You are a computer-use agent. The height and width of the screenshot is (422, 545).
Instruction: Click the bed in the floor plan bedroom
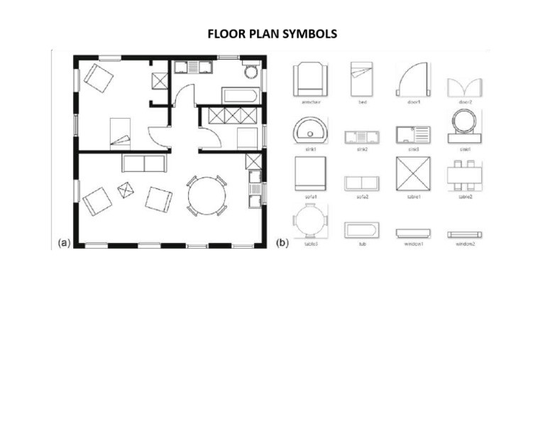pyautogui.click(x=120, y=133)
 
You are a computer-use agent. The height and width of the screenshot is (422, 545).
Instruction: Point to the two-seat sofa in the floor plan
pyautogui.click(x=143, y=163)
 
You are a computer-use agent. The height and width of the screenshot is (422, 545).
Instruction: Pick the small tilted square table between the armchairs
pyautogui.click(x=126, y=190)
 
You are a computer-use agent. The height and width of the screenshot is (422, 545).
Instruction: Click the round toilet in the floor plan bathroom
pyautogui.click(x=251, y=71)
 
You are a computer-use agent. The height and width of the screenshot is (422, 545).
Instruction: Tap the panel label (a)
pyautogui.click(x=64, y=243)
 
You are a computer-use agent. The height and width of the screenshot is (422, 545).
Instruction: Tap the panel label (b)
pyautogui.click(x=282, y=243)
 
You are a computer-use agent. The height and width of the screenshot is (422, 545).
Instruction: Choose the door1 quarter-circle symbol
pyautogui.click(x=412, y=78)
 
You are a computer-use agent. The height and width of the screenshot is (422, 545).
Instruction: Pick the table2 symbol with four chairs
pyautogui.click(x=466, y=173)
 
